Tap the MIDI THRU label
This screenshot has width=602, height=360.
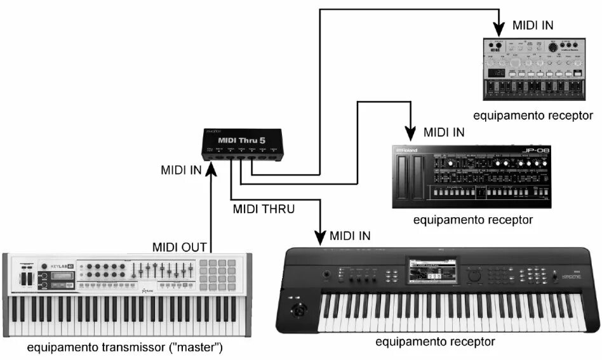[x=264, y=208]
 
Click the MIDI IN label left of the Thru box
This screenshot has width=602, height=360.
[x=182, y=170]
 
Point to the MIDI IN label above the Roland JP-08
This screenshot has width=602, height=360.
[x=444, y=133]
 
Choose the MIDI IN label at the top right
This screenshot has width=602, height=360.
[x=532, y=25]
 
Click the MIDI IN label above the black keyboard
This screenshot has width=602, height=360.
[x=350, y=236]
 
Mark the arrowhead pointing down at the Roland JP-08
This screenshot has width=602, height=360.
[x=411, y=133]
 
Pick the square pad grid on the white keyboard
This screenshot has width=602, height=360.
[x=222, y=274]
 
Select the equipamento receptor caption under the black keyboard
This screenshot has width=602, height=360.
[x=435, y=342]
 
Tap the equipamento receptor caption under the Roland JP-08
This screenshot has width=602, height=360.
[x=472, y=220]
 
